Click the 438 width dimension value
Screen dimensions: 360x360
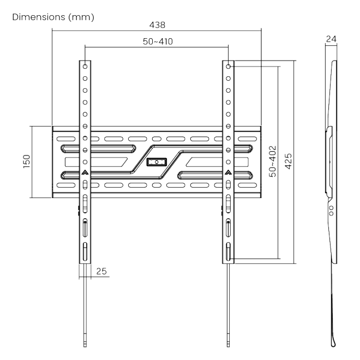(x=157, y=25)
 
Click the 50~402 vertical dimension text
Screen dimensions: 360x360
(x=272, y=162)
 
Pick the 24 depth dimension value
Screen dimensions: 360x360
(x=331, y=38)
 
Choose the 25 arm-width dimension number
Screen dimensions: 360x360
(x=101, y=271)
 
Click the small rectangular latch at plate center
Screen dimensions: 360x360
(x=157, y=161)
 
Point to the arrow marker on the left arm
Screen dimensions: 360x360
(x=85, y=173)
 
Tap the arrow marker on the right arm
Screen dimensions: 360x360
(x=228, y=173)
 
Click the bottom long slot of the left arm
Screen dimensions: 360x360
(x=85, y=252)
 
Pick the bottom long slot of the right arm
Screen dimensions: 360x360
(x=228, y=252)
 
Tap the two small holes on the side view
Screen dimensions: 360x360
(x=329, y=210)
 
